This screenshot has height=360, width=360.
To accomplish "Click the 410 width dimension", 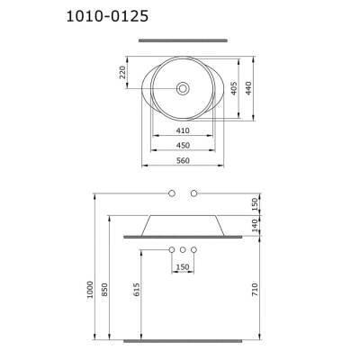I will tap(183, 130).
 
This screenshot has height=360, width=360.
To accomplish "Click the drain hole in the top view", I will tap(183, 88).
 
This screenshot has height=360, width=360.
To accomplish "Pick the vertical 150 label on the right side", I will tap(256, 204).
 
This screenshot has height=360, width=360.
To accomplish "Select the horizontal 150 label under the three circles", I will tap(183, 266).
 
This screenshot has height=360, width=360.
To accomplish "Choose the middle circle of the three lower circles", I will tap(183, 248).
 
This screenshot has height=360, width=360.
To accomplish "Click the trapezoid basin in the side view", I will tap(183, 223).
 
